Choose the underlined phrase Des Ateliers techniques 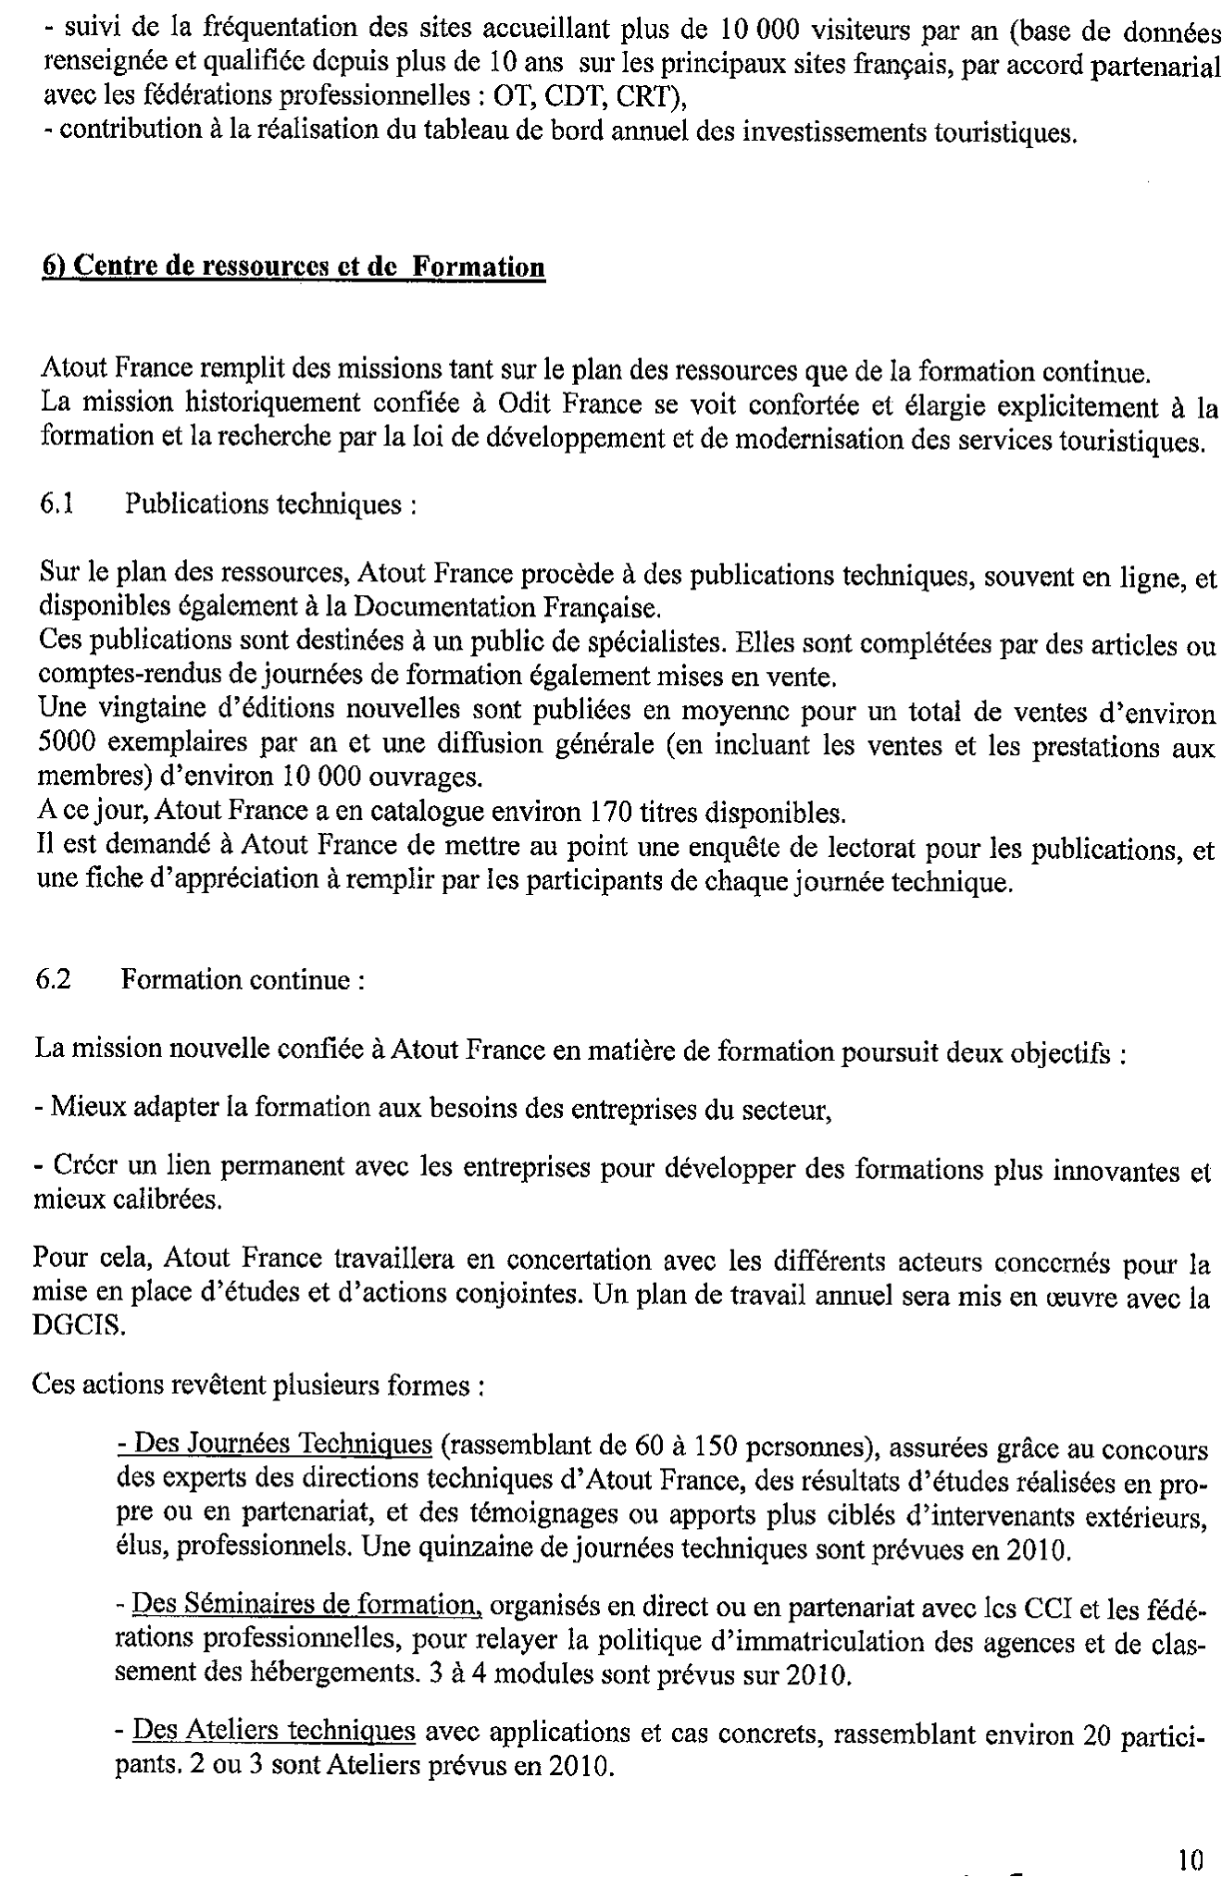[x=273, y=1729]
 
